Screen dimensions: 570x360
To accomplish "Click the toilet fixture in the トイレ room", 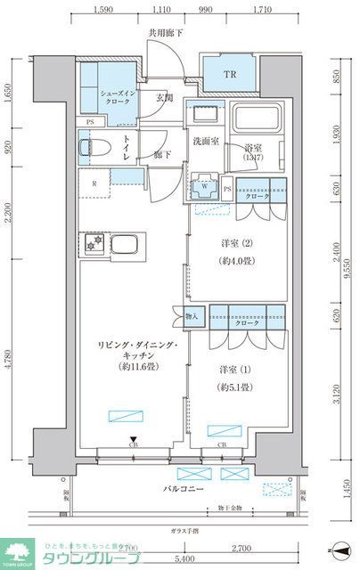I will click(86, 146).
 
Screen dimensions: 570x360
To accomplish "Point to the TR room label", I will click(229, 75).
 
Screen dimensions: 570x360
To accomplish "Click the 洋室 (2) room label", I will click(234, 244).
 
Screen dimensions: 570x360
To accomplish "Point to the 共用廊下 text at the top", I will click(165, 34).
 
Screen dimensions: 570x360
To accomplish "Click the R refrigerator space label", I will click(94, 184).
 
